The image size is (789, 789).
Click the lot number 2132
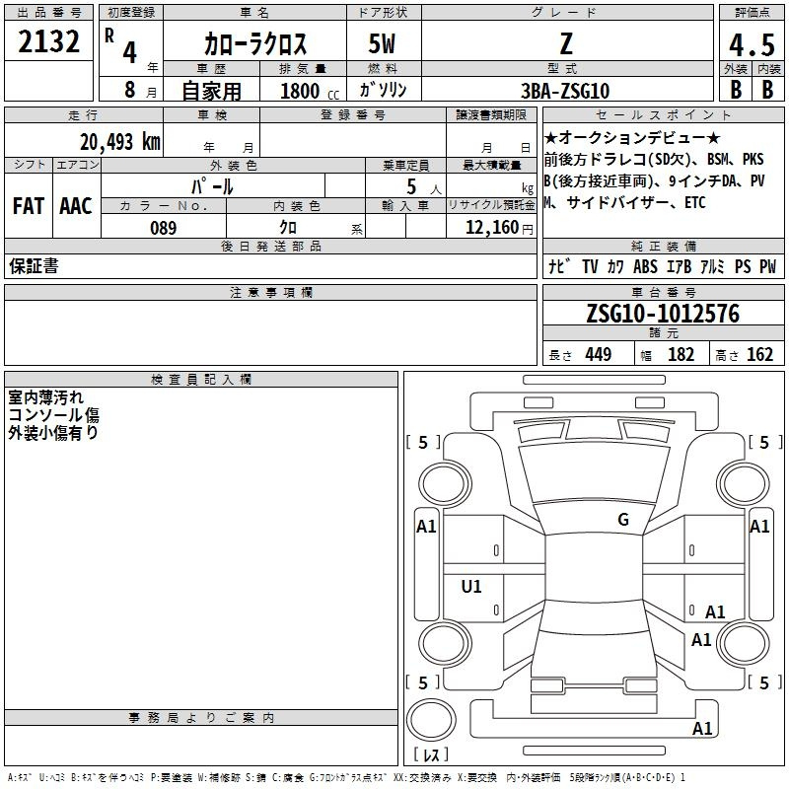[x=48, y=41]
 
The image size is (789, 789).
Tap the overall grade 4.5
[x=752, y=44]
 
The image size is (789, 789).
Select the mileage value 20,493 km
[x=119, y=141]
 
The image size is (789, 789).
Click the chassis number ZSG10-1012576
[x=663, y=314]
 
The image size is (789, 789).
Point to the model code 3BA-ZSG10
[x=565, y=91]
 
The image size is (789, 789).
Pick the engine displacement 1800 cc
[x=310, y=91]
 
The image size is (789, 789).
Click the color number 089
[x=164, y=228]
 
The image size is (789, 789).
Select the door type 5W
[x=382, y=43]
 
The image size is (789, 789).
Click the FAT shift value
[x=29, y=206]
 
